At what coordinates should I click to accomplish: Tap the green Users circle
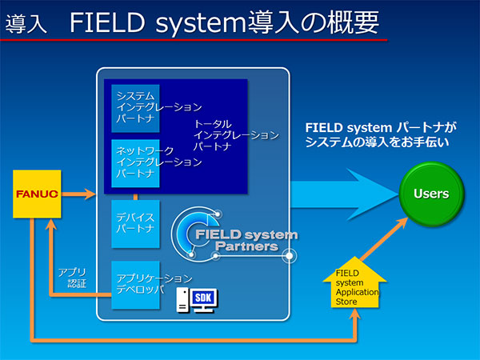point(431,194)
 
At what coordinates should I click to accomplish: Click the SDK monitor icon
point(206,300)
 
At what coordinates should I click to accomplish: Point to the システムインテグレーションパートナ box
point(136,107)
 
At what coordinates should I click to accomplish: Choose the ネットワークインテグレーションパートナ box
point(136,162)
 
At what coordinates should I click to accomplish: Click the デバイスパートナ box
point(136,223)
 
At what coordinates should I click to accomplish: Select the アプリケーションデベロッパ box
point(136,284)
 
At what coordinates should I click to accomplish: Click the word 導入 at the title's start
point(26,24)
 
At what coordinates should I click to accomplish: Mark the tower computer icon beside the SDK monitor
point(182,301)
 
